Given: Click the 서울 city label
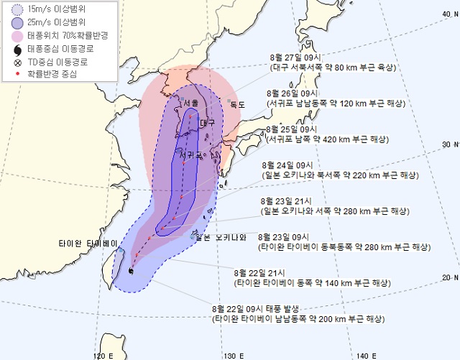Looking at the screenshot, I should [x=191, y=103].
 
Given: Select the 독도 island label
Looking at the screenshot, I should [x=237, y=105].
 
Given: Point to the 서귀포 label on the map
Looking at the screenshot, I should [x=190, y=154].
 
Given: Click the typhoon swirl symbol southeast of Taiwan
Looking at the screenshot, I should [x=129, y=271].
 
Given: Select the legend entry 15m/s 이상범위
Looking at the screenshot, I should [x=50, y=10].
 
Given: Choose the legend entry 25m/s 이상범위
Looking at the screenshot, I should [x=50, y=22].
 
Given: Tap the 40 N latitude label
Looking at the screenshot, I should [x=448, y=13].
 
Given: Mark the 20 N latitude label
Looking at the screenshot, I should [x=448, y=277].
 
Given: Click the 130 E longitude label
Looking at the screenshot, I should [x=231, y=355].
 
